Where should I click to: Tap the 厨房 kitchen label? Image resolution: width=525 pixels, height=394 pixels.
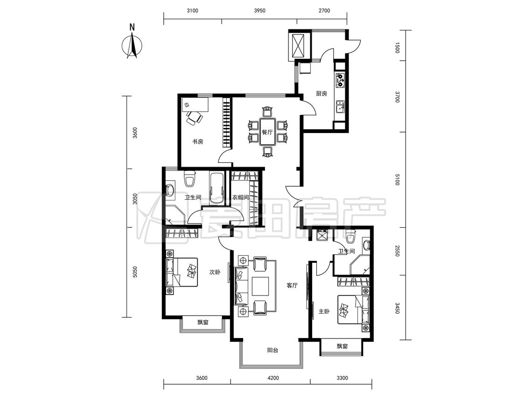pyautogui.click(x=322, y=93)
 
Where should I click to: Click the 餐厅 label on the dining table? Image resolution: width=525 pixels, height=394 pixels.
pyautogui.click(x=267, y=132)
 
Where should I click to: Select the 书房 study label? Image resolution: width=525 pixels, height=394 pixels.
pyautogui.click(x=197, y=141)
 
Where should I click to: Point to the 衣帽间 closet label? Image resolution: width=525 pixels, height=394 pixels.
pyautogui.click(x=240, y=197)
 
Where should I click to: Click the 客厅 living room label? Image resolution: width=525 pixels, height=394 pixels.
pyautogui.click(x=292, y=285)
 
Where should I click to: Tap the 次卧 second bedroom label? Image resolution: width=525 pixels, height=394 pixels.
pyautogui.click(x=215, y=272)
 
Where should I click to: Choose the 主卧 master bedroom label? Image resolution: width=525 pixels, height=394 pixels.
pyautogui.click(x=324, y=311)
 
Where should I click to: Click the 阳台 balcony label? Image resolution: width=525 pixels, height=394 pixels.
pyautogui.click(x=273, y=351)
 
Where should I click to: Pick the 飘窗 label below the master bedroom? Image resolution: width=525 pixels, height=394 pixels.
pyautogui.click(x=342, y=346)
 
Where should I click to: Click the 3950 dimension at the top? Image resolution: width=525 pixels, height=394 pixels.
pyautogui.click(x=259, y=10)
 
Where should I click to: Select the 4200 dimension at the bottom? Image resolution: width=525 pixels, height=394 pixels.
pyautogui.click(x=273, y=378)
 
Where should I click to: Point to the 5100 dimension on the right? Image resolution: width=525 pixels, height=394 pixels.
pyautogui.click(x=398, y=179)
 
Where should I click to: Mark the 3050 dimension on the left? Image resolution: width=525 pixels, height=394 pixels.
pyautogui.click(x=135, y=199)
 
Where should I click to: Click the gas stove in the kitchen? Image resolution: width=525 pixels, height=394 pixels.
pyautogui.click(x=340, y=80)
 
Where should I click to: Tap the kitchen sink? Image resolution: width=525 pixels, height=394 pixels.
pyautogui.click(x=340, y=107)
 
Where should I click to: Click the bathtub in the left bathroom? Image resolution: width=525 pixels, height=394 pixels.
pyautogui.click(x=217, y=189)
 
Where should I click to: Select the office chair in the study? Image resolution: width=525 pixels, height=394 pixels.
pyautogui.click(x=194, y=118)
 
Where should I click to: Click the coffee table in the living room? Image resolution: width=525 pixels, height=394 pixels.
pyautogui.click(x=260, y=286)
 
